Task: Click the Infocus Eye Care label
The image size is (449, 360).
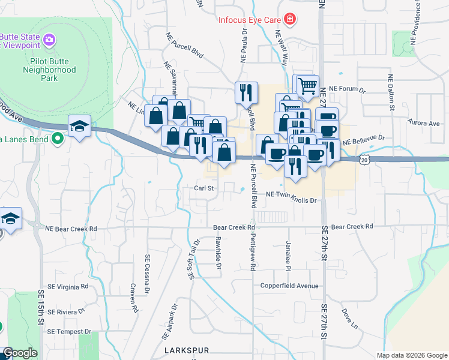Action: (249, 19)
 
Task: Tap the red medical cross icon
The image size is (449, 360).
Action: (290, 19)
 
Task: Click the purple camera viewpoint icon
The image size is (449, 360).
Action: (49, 40)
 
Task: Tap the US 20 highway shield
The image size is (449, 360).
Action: (364, 158)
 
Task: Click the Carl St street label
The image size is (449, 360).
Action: (204, 188)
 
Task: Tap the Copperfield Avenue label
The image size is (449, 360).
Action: (289, 286)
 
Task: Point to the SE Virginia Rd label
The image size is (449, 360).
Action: (68, 287)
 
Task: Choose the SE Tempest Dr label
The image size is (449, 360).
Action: (70, 331)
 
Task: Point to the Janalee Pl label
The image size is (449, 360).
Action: (288, 255)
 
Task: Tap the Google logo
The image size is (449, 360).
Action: (20, 353)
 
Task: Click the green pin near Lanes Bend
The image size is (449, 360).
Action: (58, 139)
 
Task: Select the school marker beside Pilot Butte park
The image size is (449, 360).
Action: (79, 127)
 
